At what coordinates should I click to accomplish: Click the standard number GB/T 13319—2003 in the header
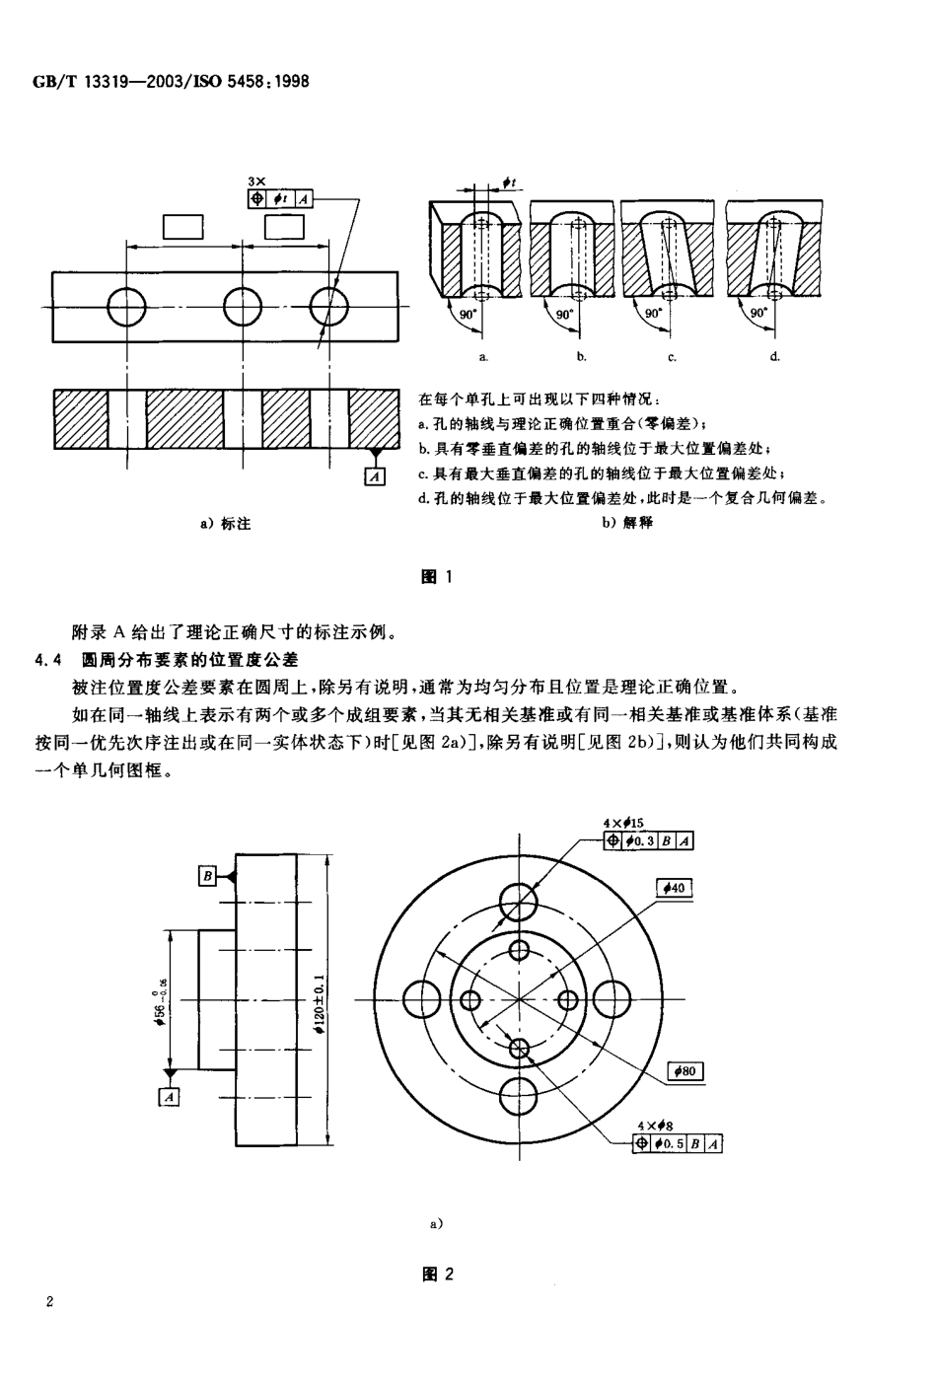[x=94, y=81]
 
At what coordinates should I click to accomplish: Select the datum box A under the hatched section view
[x=374, y=476]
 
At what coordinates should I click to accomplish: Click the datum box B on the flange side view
[x=208, y=875]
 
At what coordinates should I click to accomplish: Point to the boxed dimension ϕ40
[x=675, y=889]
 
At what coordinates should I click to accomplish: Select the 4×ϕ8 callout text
[x=656, y=1125]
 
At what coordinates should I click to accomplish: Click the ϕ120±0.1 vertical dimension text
[x=319, y=1002]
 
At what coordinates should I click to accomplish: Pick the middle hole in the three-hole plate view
[x=243, y=306]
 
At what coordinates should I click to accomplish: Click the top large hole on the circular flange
[x=519, y=899]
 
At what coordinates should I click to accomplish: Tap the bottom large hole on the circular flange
[x=519, y=1098]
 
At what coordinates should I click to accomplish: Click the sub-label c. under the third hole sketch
[x=671, y=356]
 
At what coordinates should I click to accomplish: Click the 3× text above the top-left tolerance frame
[x=257, y=182]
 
